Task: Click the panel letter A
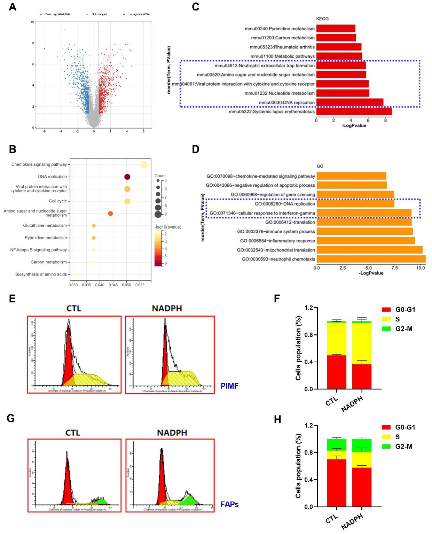pos(13,7)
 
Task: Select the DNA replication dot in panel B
pos(127,177)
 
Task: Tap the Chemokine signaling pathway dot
pos(144,165)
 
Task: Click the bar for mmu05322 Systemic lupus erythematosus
pos(354,112)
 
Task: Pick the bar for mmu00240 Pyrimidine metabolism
pos(336,29)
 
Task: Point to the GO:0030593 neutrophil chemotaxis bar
pos(371,259)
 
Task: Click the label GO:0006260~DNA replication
pos(285,204)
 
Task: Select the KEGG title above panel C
pos(322,19)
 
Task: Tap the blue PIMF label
pos(229,386)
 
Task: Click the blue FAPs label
pos(229,504)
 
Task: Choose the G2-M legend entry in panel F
pos(403,329)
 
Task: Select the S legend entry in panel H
pos(397,437)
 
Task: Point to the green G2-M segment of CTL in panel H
pos(336,445)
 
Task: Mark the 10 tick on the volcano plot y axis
pos(32,22)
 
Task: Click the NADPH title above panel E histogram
pos(167,309)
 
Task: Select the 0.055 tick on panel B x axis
pos(140,285)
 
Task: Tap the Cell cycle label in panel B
pos(58,201)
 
